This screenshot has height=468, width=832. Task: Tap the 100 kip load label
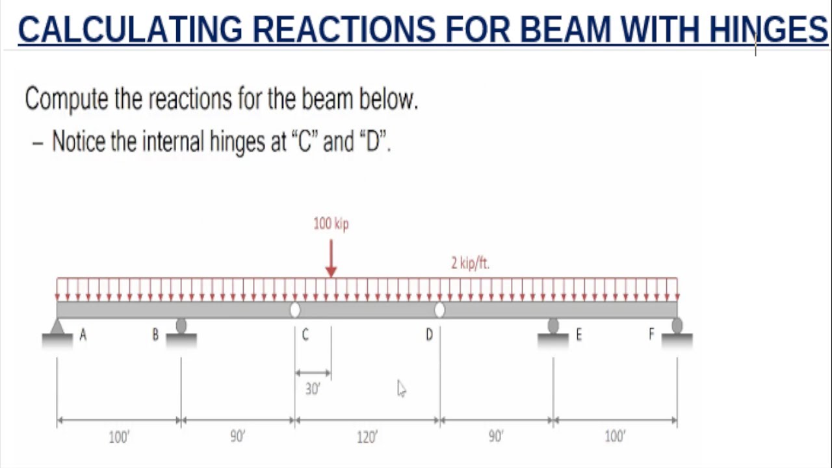331,224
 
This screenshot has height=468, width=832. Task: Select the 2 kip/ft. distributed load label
470,263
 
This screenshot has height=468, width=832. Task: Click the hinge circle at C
295,310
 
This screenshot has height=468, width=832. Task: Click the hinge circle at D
439,310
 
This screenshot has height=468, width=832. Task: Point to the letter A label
83,335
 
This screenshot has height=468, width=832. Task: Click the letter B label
155,335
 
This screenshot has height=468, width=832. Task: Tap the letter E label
578,335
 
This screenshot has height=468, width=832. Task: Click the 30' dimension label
313,389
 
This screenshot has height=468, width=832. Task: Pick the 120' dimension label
367,437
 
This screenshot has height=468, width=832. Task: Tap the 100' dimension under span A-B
119,437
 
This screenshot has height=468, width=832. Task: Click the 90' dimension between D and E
496,437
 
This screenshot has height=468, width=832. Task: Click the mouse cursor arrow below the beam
401,389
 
